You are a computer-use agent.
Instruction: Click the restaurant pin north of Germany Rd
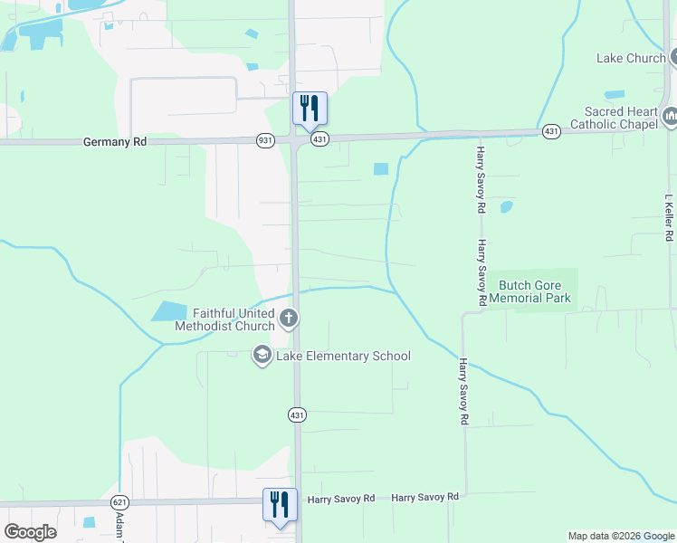pyautogui.click(x=310, y=109)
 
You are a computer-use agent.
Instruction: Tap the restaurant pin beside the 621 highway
pyautogui.click(x=280, y=505)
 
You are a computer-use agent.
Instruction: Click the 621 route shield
pyautogui.click(x=119, y=501)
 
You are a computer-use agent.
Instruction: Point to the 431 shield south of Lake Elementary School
pyautogui.click(x=298, y=414)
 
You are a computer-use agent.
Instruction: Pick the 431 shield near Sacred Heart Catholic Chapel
pyautogui.click(x=551, y=132)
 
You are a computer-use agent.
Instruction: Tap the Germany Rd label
pyautogui.click(x=114, y=142)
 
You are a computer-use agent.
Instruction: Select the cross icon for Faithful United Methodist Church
pyautogui.click(x=289, y=318)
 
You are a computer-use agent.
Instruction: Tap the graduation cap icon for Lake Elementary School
pyautogui.click(x=262, y=354)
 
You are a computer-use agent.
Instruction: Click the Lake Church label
pyautogui.click(x=631, y=59)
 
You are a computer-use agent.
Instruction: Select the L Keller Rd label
pyautogui.click(x=669, y=218)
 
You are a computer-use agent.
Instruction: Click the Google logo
pyautogui.click(x=30, y=532)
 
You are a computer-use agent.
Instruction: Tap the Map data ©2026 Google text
pyautogui.click(x=620, y=536)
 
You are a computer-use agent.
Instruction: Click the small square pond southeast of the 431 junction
pyautogui.click(x=380, y=168)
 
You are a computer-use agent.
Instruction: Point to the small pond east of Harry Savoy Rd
pyautogui.click(x=506, y=206)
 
